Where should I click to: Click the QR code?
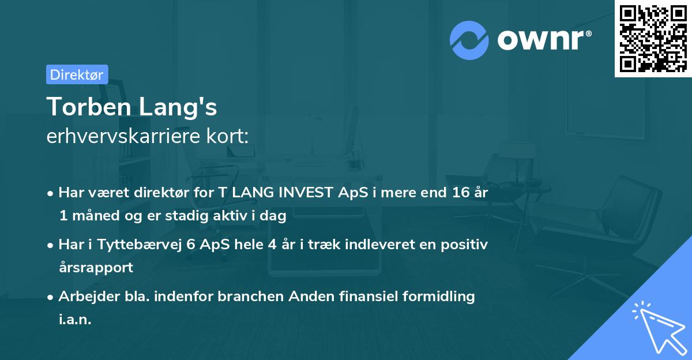653,39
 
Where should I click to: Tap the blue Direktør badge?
77,74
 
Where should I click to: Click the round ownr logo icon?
469,39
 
